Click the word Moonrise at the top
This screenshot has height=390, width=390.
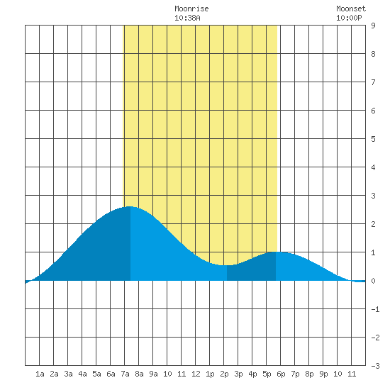pos(191,9)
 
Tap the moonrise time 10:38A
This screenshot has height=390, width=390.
pos(187,18)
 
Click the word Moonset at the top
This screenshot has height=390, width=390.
pos(351,9)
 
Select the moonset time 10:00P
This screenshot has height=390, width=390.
pos(349,18)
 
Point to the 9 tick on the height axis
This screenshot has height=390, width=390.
pos(373,26)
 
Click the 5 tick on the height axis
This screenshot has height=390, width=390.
pos(373,139)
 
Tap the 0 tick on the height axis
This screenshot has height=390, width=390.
pos(373,281)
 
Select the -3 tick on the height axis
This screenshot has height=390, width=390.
pos(375,366)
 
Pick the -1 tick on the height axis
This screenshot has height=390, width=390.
pos(375,309)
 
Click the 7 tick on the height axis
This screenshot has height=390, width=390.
pos(373,82)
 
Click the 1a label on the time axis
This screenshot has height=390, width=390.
pos(40,374)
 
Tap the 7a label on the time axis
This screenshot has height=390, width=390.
pos(125,374)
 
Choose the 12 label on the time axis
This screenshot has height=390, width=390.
pos(196,374)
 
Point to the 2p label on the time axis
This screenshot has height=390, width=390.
pos(224,374)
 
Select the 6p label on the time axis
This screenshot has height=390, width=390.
pos(281,374)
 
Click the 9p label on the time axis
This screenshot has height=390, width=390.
pos(323,374)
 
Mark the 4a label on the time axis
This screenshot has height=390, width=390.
pos(82,374)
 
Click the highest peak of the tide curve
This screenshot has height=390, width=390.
pos(130,206)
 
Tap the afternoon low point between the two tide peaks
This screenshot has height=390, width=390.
pos(227,265)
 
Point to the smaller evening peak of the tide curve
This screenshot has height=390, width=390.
pos(276,252)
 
